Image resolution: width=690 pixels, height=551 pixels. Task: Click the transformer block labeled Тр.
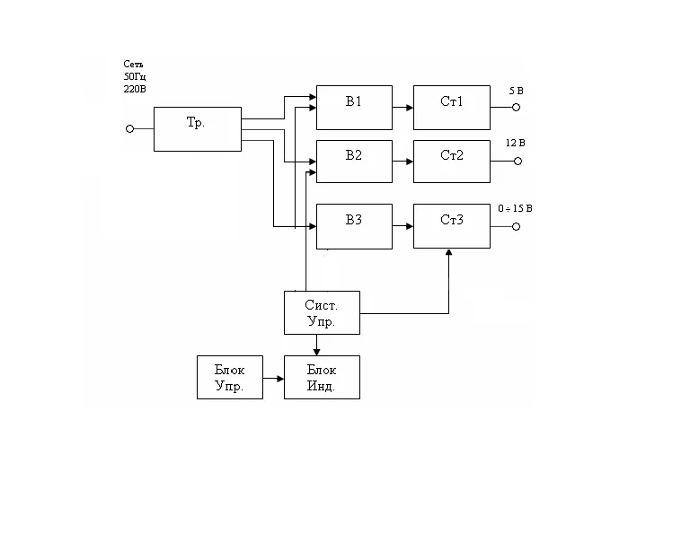tap(197, 129)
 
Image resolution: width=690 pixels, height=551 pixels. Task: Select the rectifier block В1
tap(354, 108)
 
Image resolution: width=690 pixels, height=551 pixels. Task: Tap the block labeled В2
tap(354, 162)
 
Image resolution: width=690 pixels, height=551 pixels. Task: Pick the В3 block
tap(354, 226)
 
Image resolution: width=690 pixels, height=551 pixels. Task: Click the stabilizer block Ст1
tap(452, 108)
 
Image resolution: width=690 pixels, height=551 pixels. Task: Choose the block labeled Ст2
tap(452, 162)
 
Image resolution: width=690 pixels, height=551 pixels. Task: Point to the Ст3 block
tap(452, 226)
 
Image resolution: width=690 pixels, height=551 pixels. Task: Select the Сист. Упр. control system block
tap(322, 312)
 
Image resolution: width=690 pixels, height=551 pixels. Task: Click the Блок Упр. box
tap(230, 377)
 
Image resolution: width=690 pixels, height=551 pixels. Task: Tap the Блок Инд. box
tap(322, 377)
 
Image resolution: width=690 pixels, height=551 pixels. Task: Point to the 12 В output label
tap(516, 144)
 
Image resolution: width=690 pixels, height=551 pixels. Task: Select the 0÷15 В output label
tap(515, 208)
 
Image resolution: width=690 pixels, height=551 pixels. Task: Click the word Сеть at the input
tap(134, 65)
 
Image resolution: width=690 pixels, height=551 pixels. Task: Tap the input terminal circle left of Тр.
tap(129, 129)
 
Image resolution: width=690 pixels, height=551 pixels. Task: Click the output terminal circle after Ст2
tap(517, 162)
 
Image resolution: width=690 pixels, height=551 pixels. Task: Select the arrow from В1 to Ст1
tap(402, 108)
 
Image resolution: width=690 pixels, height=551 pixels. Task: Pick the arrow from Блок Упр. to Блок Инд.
tap(273, 378)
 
